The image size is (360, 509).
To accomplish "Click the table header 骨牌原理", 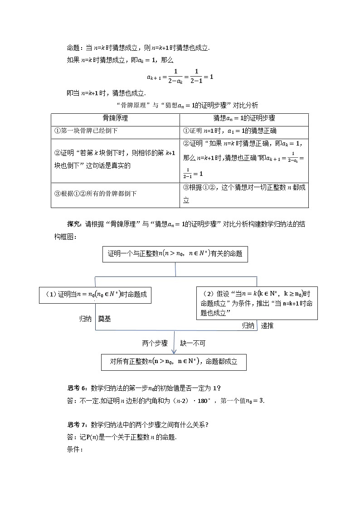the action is (x=115, y=118).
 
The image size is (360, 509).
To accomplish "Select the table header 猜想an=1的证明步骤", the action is (x=244, y=118).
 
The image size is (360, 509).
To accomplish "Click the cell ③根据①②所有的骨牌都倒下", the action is (x=95, y=194).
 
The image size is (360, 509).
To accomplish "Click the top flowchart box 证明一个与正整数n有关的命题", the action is (x=175, y=254).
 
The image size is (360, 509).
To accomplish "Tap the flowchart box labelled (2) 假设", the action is (x=257, y=303).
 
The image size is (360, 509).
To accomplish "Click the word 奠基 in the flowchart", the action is (x=104, y=319).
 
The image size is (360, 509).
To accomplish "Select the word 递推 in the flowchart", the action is (x=267, y=325).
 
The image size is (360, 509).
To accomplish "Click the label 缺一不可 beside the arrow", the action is (x=192, y=344).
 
